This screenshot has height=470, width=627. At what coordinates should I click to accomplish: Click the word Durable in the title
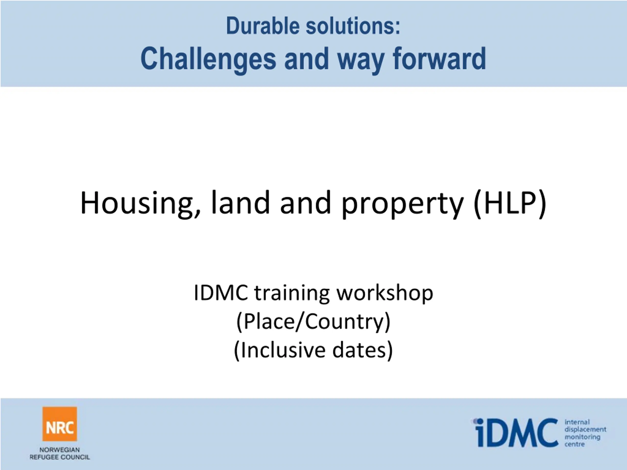(263, 26)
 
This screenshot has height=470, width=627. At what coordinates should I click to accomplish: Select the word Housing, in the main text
(141, 203)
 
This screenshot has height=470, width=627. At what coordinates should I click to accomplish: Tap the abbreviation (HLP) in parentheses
(510, 203)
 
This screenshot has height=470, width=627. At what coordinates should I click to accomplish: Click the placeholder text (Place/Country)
(313, 322)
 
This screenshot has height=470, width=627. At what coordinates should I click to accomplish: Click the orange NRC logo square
(60, 424)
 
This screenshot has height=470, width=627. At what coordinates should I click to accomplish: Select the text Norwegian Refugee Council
(60, 454)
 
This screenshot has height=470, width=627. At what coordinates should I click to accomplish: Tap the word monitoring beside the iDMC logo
(582, 437)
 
